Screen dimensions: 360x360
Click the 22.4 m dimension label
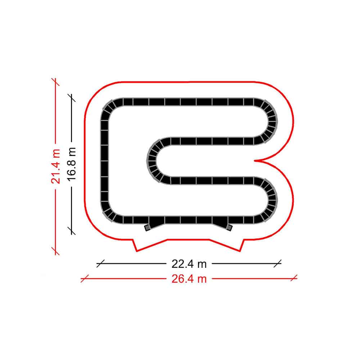[189, 264]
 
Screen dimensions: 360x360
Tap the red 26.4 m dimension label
[189, 279]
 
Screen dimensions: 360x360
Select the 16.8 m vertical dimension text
[71, 164]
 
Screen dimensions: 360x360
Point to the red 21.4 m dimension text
[55, 166]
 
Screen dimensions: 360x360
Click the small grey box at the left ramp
[147, 228]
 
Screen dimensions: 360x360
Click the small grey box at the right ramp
[229, 228]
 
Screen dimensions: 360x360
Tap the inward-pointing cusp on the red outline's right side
[255, 161]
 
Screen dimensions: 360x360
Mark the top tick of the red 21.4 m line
[55, 82]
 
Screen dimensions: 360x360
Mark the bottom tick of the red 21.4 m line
[55, 251]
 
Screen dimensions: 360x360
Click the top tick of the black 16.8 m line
[71, 98]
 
